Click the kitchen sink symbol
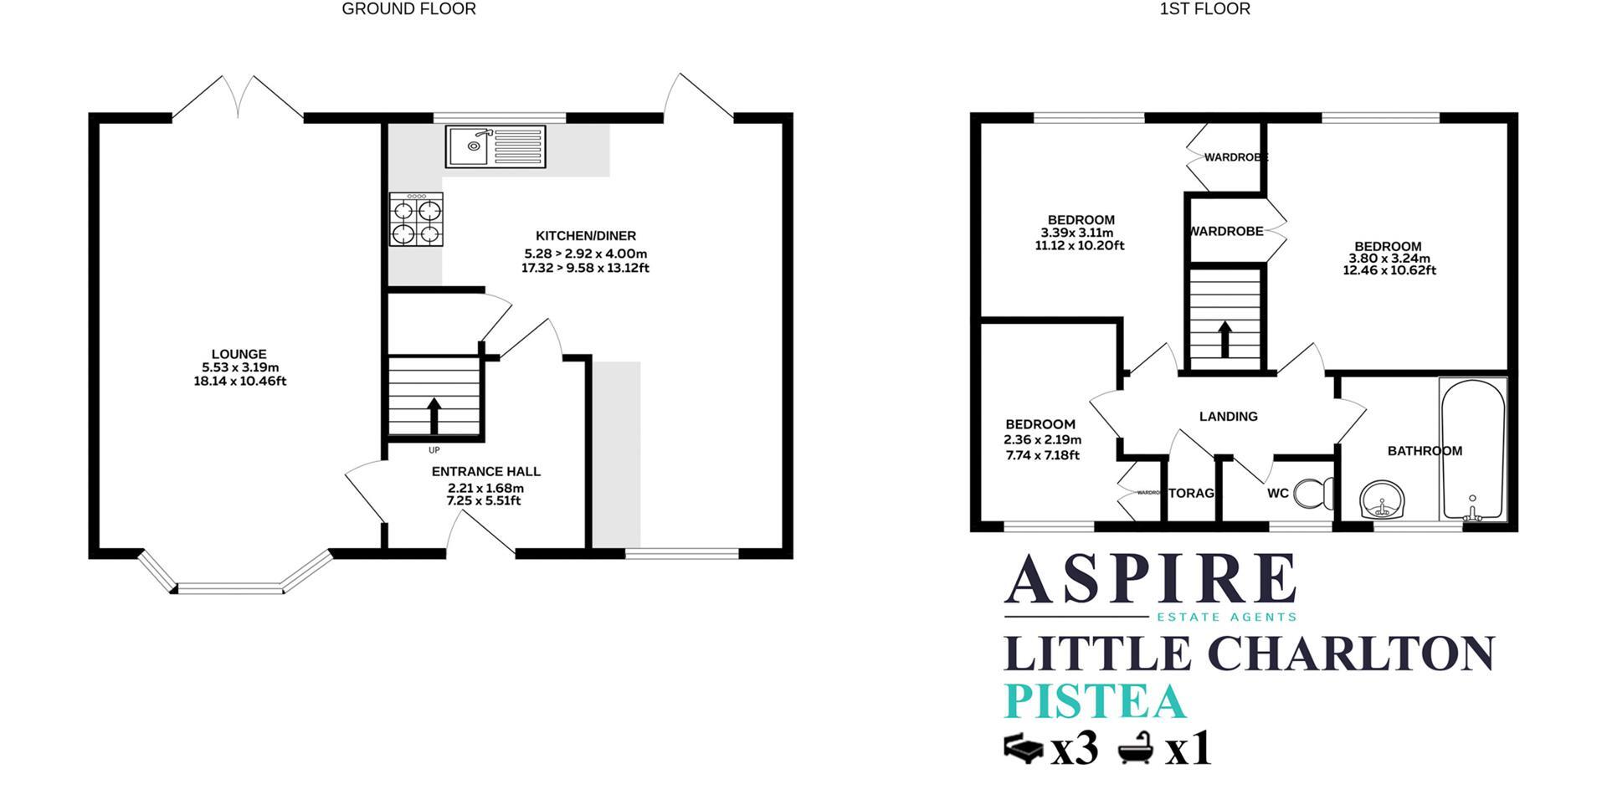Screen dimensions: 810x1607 click(495, 146)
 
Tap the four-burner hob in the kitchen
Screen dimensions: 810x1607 click(416, 219)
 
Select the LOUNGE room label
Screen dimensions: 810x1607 click(239, 354)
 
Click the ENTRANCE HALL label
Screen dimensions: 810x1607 click(485, 472)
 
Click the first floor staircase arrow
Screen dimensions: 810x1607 click(1224, 339)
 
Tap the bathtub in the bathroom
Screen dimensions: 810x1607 click(1472, 449)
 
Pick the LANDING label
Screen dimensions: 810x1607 click(1228, 417)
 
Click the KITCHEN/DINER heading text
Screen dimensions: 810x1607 click(586, 236)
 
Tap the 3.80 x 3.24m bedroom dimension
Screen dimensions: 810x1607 click(1389, 259)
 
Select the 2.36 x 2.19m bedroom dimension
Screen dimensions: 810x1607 click(1042, 440)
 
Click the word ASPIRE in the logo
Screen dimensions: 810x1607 click(1150, 579)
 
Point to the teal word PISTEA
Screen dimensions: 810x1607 click(1095, 701)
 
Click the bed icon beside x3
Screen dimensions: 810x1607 click(1023, 747)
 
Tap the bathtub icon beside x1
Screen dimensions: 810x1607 click(1137, 747)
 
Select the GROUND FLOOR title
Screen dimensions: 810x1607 click(408, 9)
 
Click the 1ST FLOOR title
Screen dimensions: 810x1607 click(1204, 9)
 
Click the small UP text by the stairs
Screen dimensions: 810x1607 click(434, 450)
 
